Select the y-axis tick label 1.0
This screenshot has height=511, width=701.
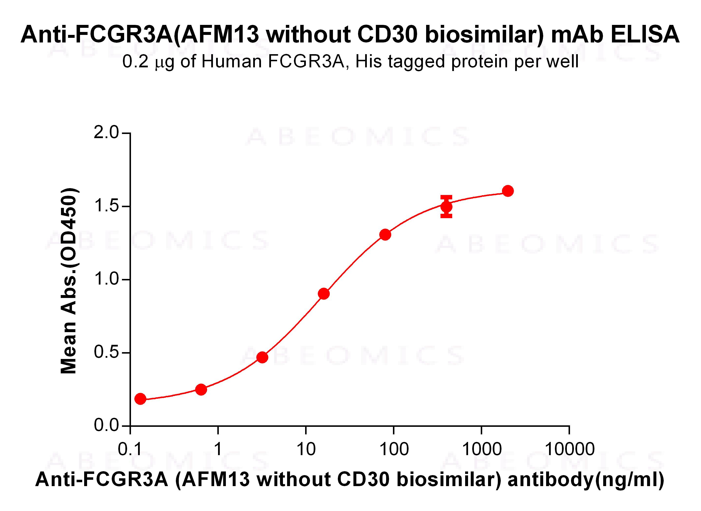point(106,279)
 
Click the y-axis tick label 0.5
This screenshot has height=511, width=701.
point(106,353)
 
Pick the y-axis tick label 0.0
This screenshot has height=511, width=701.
point(106,426)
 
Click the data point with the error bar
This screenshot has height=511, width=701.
point(446,207)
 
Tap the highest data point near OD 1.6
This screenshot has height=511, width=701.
point(508,191)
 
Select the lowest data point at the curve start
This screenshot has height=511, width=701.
point(140,399)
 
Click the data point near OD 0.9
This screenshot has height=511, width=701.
point(324,294)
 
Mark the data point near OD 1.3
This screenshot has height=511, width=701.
point(385,235)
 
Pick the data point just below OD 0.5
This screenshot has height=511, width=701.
point(262,357)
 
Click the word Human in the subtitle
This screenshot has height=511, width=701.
point(231,61)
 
